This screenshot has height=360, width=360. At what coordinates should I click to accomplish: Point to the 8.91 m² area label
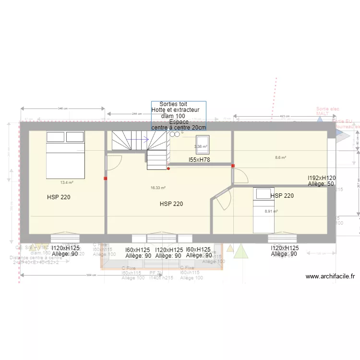271,211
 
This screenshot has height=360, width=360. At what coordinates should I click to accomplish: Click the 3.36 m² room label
201,146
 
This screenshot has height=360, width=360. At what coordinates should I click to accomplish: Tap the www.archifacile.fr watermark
330,276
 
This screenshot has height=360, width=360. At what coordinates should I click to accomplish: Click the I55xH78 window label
199,159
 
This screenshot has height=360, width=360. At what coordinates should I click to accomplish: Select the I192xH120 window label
322,178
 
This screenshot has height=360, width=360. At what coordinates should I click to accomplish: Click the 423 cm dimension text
285,116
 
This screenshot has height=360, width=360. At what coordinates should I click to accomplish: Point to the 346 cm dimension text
62,108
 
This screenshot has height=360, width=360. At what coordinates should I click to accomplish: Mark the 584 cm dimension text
92,276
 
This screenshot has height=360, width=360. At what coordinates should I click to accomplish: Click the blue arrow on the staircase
140,140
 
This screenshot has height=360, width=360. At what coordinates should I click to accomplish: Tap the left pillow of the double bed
55,137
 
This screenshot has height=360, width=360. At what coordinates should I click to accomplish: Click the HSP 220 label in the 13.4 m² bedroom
59,197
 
